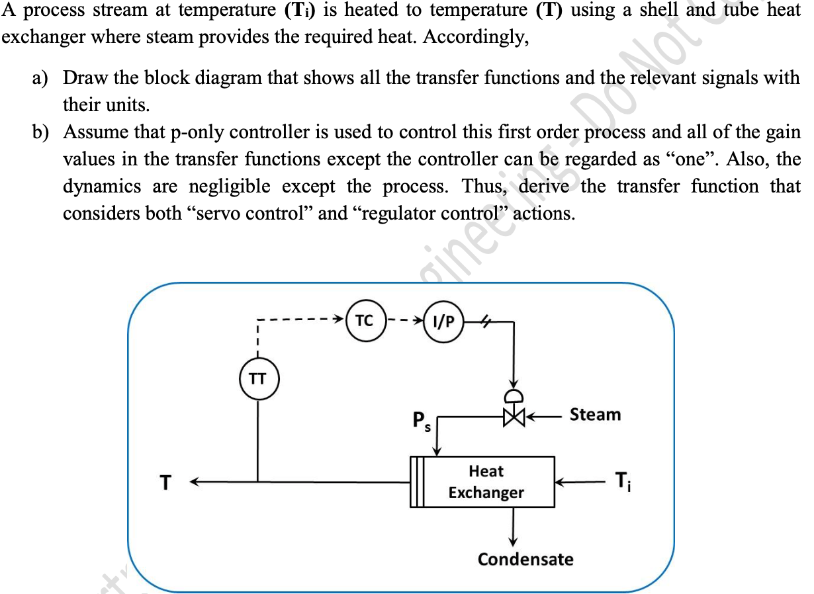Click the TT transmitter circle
258,379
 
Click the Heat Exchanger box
487,482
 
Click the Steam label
595,415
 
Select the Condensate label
525,559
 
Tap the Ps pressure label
421,421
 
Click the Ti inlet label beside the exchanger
623,481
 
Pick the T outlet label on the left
167,483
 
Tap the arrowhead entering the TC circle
342,321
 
